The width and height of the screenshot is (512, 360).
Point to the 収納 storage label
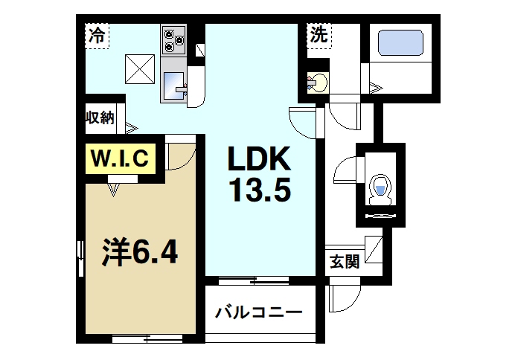pyautogui.click(x=99, y=117)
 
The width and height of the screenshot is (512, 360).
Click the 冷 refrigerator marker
pyautogui.click(x=97, y=34)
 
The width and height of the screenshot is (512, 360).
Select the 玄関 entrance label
pyautogui.click(x=344, y=261)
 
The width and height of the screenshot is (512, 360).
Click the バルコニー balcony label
pyautogui.click(x=258, y=311)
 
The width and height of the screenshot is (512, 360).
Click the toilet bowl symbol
pyautogui.click(x=381, y=187)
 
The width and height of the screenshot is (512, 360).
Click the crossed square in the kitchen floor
pyautogui.click(x=139, y=68)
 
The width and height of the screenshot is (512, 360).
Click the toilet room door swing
pyautogui.click(x=346, y=170)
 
